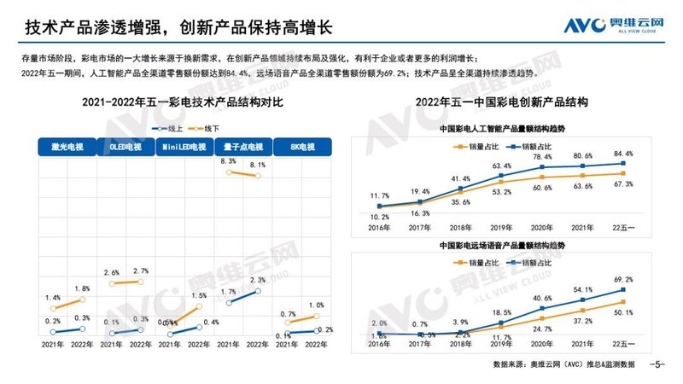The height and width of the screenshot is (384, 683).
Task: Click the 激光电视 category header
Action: point(65,147)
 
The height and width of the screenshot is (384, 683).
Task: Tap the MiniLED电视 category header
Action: point(185,147)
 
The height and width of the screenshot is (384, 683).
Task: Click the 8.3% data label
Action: point(228,161)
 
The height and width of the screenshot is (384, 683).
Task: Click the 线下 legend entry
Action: point(205,128)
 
